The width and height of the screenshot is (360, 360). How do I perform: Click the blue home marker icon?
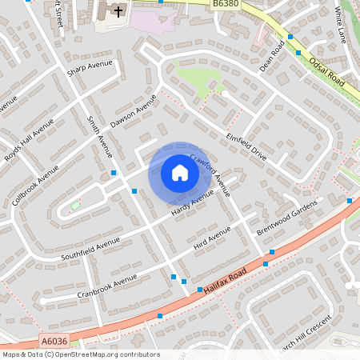click(180, 173)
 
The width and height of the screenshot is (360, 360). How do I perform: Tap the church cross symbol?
click(118, 11)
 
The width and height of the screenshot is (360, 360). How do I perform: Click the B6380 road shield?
click(226, 5)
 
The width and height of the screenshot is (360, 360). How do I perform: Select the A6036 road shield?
click(54, 342)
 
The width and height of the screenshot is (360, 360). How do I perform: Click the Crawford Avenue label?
click(210, 175)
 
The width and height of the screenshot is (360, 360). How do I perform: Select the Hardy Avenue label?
click(192, 203)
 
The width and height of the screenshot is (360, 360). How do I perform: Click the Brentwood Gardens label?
click(286, 216)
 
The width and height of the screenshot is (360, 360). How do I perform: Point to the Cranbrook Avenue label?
click(108, 286)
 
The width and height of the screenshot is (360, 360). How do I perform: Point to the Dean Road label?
click(272, 57)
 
